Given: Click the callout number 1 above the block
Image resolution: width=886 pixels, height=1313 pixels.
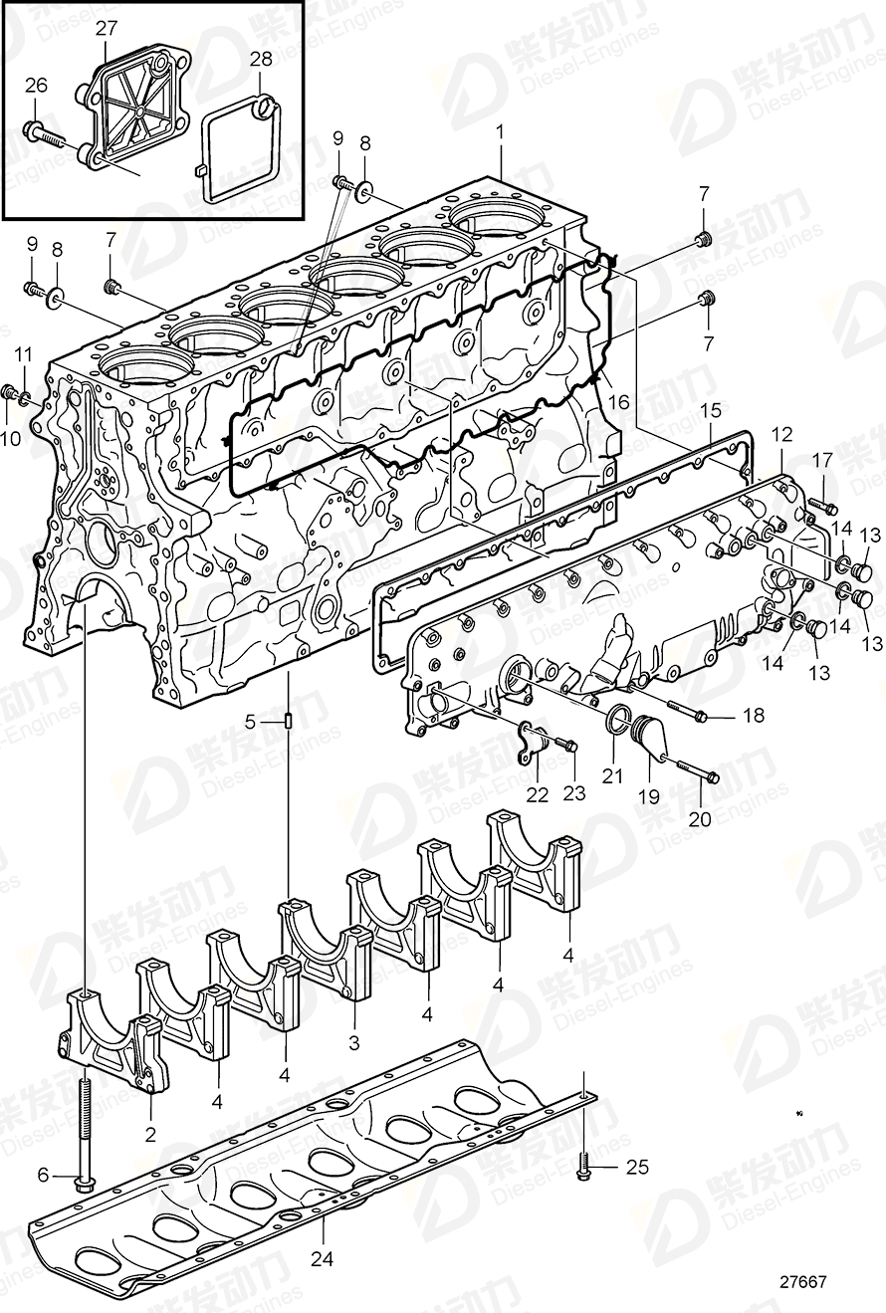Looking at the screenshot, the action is (x=501, y=130).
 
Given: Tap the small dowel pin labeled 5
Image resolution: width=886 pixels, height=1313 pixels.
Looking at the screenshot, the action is (x=288, y=721).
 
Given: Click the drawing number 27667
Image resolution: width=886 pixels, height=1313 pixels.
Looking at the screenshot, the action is (x=803, y=1284).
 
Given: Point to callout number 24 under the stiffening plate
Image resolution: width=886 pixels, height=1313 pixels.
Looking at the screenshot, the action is (x=322, y=1257).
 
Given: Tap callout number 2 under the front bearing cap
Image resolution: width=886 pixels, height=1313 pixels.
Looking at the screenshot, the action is (x=149, y=1133).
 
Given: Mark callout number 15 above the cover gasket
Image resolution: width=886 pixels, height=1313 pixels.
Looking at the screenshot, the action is (x=711, y=410).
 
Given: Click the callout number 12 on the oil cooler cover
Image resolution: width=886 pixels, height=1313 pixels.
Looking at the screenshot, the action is (x=781, y=434).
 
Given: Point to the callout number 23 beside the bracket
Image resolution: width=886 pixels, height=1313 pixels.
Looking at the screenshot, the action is (x=574, y=793).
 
